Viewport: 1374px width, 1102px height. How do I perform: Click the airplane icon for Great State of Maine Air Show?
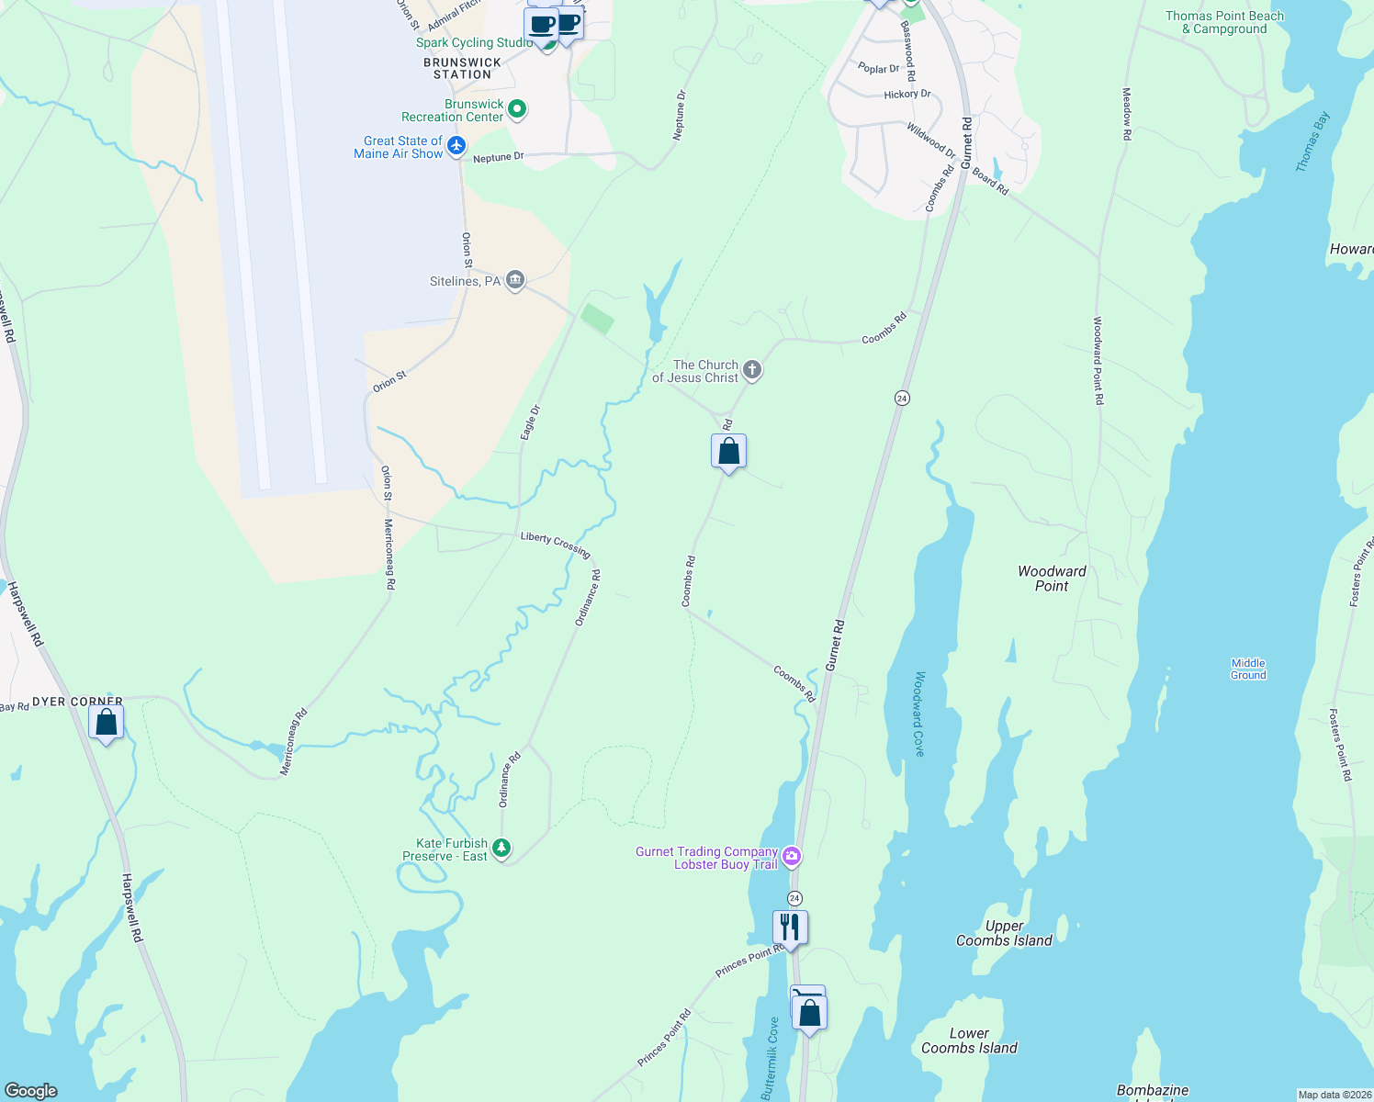tap(456, 146)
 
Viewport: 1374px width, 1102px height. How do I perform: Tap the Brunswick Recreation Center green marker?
tap(517, 110)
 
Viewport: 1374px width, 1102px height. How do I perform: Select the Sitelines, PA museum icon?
tap(515, 281)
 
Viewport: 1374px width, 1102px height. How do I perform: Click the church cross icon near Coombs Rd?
tap(752, 370)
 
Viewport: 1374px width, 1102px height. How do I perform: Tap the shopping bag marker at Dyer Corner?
tap(107, 723)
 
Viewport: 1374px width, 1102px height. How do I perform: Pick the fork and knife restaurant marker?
tap(790, 927)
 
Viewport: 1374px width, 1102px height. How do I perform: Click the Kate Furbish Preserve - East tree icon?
tap(501, 849)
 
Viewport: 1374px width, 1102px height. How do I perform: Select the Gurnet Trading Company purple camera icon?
tap(792, 857)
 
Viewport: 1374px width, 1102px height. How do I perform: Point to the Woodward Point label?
tap(1052, 579)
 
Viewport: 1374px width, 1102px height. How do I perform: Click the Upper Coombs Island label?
tap(1004, 933)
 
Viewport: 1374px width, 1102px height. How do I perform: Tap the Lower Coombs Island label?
tap(969, 1040)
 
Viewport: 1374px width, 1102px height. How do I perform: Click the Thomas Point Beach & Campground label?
tap(1224, 22)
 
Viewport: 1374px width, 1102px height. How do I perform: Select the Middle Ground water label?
tap(1248, 669)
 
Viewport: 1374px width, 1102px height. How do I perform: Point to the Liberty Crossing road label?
tap(555, 544)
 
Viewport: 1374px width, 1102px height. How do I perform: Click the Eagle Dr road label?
tap(530, 422)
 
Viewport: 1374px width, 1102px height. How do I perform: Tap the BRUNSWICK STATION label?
tap(462, 69)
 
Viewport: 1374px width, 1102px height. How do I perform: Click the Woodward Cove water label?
tap(919, 714)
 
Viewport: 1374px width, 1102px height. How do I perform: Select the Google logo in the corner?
tap(31, 1090)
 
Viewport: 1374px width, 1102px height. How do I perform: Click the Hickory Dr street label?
tap(907, 95)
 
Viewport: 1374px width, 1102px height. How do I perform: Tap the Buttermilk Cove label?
tap(770, 1058)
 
